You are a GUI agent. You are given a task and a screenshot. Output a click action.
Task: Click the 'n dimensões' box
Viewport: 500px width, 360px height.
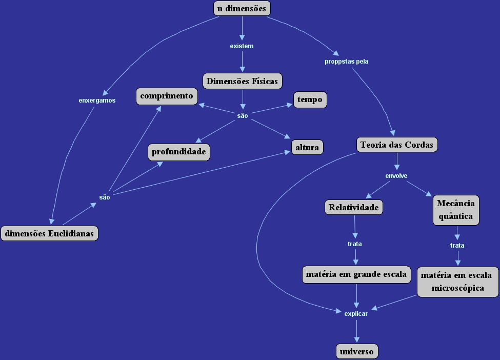click(x=242, y=8)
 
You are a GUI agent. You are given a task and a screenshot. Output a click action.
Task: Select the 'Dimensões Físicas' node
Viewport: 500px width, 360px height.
click(x=243, y=81)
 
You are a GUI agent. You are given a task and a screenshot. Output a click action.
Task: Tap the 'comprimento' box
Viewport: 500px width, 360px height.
click(x=167, y=96)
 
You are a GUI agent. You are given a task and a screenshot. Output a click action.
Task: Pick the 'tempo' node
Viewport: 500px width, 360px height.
click(x=310, y=99)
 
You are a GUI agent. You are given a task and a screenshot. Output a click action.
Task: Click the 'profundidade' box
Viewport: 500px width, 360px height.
click(x=179, y=152)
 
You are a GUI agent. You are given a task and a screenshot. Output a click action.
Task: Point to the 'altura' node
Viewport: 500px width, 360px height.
click(x=308, y=148)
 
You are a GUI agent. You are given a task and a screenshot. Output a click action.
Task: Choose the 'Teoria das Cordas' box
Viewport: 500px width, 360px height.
click(x=397, y=145)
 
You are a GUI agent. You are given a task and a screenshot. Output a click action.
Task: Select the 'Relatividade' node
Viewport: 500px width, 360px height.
click(x=354, y=207)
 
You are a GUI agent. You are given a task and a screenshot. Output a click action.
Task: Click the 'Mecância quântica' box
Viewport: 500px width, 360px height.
click(x=456, y=210)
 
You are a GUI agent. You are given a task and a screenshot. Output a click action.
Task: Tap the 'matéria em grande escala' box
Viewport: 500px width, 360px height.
click(x=356, y=274)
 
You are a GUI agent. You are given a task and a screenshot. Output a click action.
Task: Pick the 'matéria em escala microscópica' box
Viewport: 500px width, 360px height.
click(x=457, y=282)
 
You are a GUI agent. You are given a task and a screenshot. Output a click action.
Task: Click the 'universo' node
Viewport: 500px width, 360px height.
click(x=357, y=351)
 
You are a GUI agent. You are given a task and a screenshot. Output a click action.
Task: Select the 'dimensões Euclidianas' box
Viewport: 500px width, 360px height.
click(x=49, y=233)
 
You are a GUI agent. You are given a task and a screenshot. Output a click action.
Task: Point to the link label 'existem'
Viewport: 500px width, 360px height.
click(x=242, y=46)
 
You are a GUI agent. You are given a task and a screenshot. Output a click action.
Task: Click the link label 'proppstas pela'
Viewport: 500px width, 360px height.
click(x=347, y=62)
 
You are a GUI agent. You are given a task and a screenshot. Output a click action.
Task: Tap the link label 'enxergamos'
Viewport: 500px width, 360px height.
click(x=97, y=101)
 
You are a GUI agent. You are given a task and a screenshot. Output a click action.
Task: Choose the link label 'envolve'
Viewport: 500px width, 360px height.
click(x=396, y=176)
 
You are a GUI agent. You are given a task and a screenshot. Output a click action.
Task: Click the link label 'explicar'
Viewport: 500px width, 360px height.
click(x=356, y=313)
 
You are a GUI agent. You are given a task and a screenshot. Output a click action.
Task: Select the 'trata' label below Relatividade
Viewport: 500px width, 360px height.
click(x=355, y=244)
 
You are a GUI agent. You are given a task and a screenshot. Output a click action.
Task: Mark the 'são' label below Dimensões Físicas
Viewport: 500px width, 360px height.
click(x=243, y=116)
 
